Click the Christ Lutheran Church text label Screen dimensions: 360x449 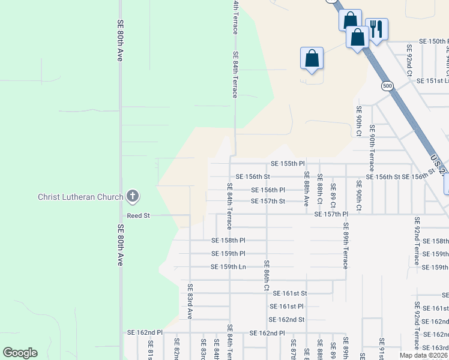click(80, 197)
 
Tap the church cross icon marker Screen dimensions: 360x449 click(133, 196)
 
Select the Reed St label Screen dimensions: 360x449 click(137, 215)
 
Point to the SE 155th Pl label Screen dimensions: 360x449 click(288, 163)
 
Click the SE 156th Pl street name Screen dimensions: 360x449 click(267, 190)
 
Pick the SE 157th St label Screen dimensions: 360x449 click(267, 201)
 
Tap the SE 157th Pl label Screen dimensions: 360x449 click(327, 214)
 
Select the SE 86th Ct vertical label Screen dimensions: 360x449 click(267, 275)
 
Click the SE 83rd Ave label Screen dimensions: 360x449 click(190, 301)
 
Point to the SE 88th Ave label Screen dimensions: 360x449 click(306, 189)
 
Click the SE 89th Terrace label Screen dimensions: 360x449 click(346, 246)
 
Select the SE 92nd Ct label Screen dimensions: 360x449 click(409, 59)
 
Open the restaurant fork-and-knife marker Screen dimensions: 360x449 click(376, 29)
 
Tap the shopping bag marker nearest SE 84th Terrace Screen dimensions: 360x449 click(312, 59)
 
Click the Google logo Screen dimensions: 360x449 click(20, 353)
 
